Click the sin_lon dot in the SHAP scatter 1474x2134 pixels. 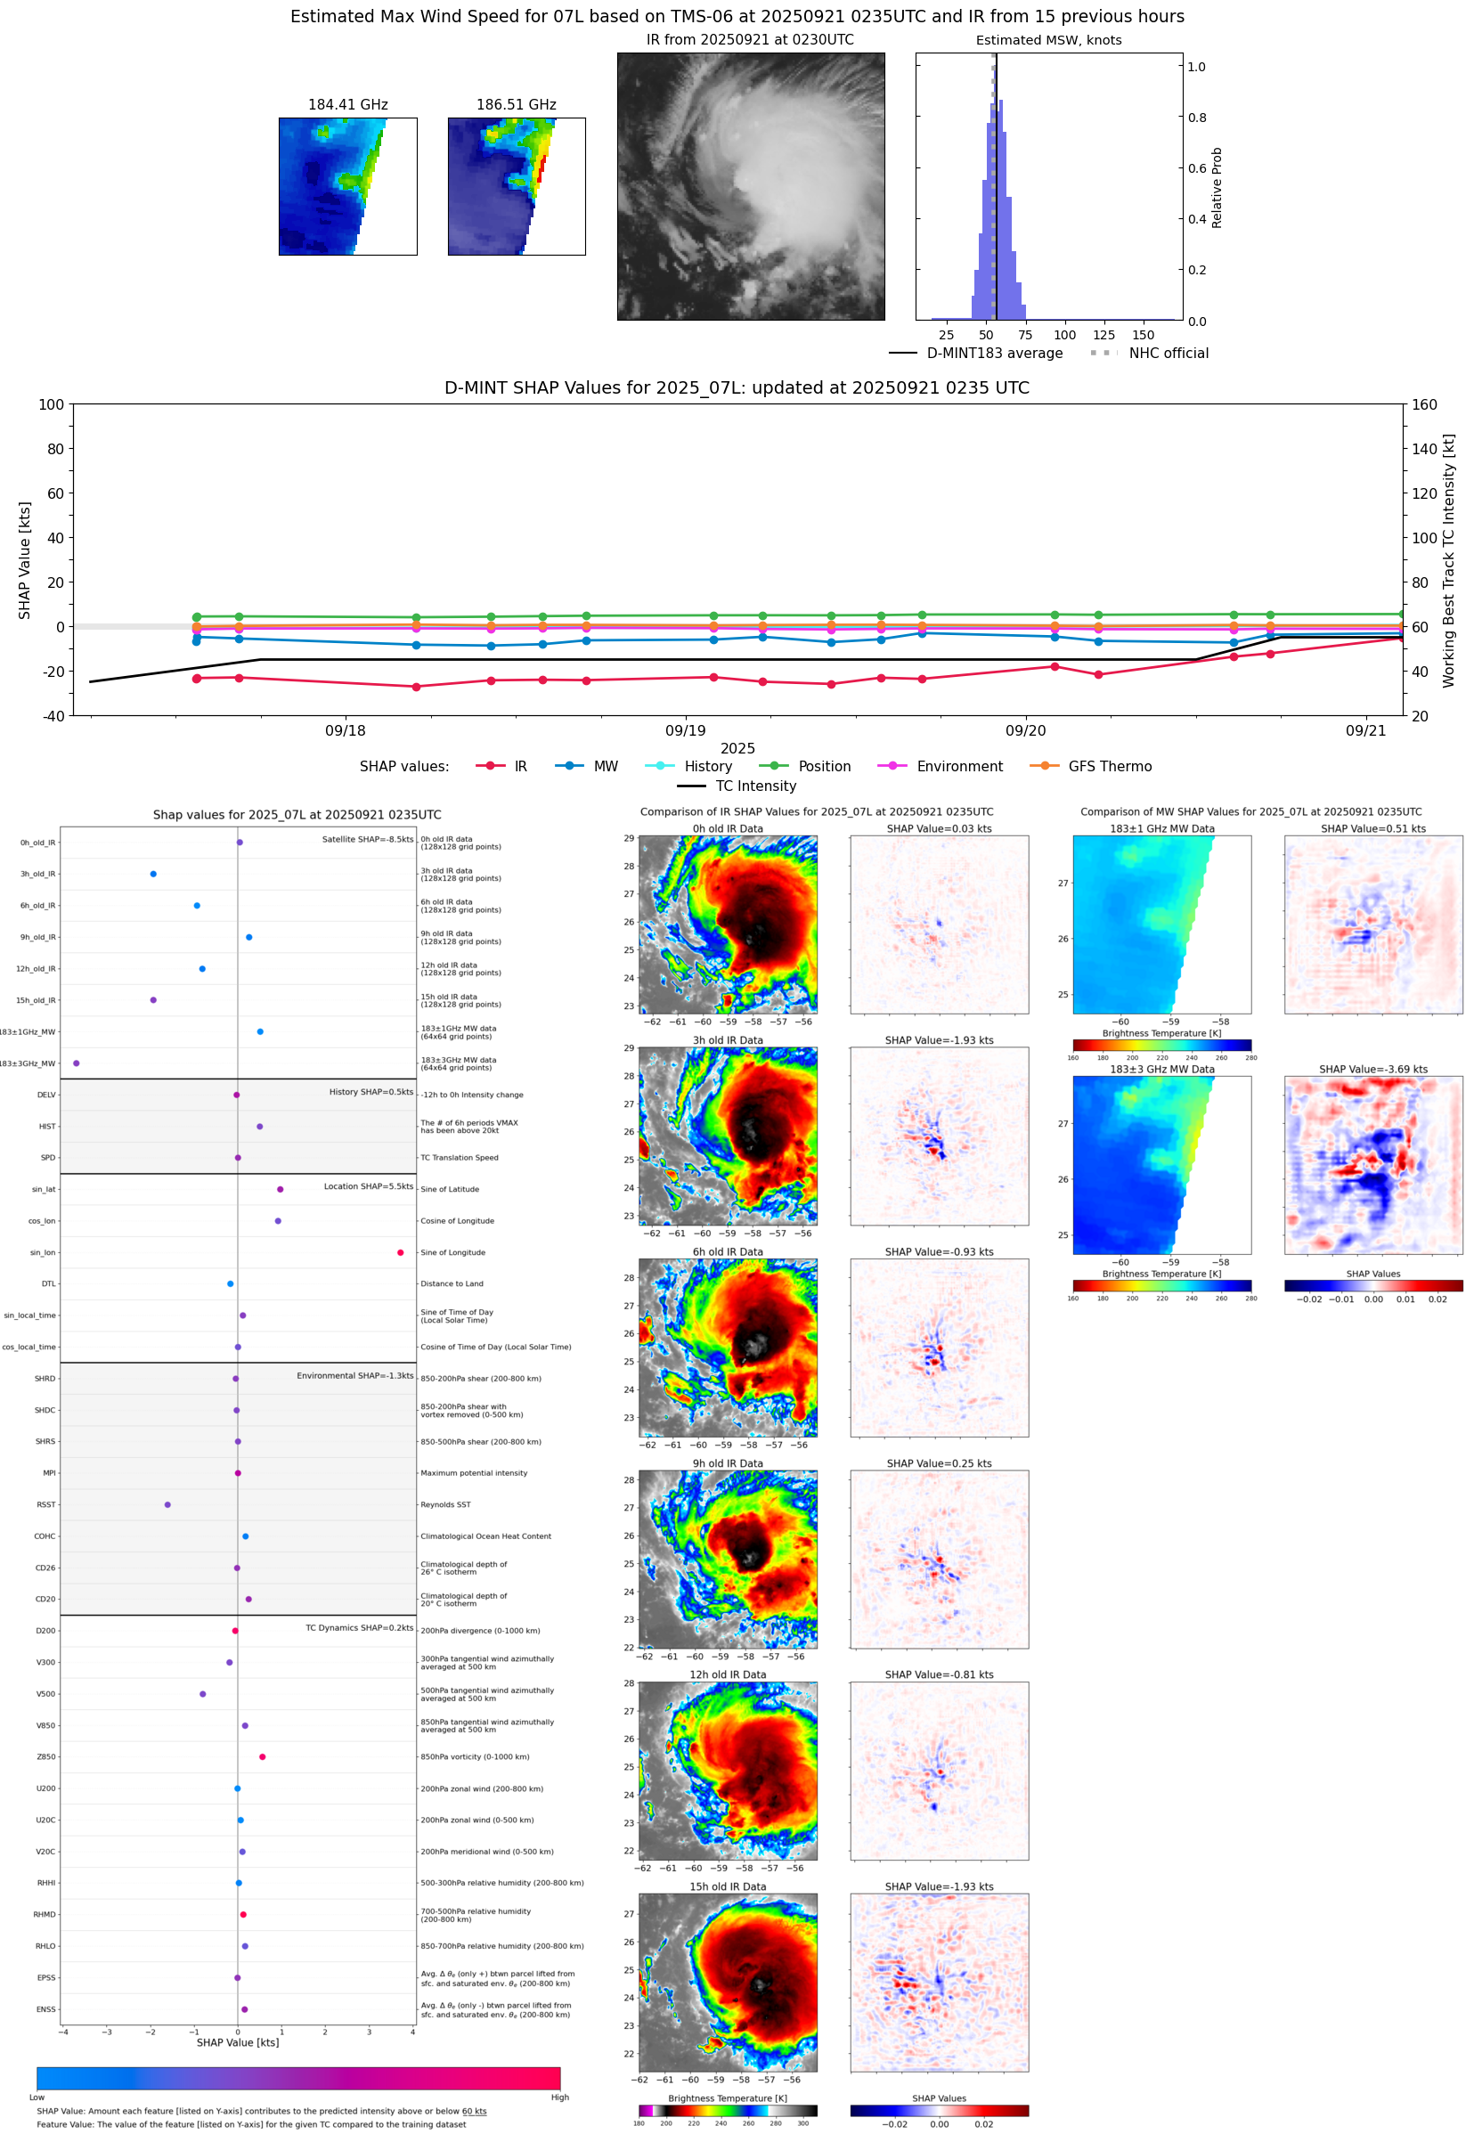(400, 1252)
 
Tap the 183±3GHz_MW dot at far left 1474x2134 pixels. (76, 1063)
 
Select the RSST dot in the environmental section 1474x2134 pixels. (167, 1504)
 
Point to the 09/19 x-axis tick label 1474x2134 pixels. (685, 730)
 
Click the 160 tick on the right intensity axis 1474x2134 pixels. (1424, 404)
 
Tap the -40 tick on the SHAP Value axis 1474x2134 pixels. (53, 716)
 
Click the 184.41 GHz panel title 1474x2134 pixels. (347, 105)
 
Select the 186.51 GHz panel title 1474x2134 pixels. (517, 105)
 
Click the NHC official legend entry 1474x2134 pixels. (1168, 353)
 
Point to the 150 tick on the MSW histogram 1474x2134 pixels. (1144, 335)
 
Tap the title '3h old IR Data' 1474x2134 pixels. (728, 1039)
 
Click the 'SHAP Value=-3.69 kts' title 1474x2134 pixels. (1372, 1070)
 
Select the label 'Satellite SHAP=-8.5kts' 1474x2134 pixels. (368, 839)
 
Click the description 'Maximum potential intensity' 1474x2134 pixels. (474, 1473)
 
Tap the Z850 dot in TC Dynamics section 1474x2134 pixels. (262, 1756)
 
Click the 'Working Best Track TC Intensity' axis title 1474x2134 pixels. (1448, 560)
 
